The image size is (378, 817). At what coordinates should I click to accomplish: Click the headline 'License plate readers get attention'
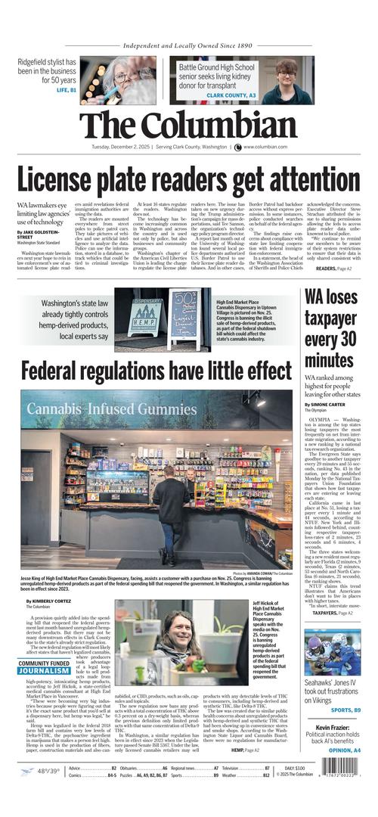pos(189,180)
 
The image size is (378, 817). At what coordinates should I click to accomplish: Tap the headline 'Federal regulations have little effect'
pos(156,371)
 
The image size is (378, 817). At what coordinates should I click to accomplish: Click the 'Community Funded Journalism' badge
pos(45,666)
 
